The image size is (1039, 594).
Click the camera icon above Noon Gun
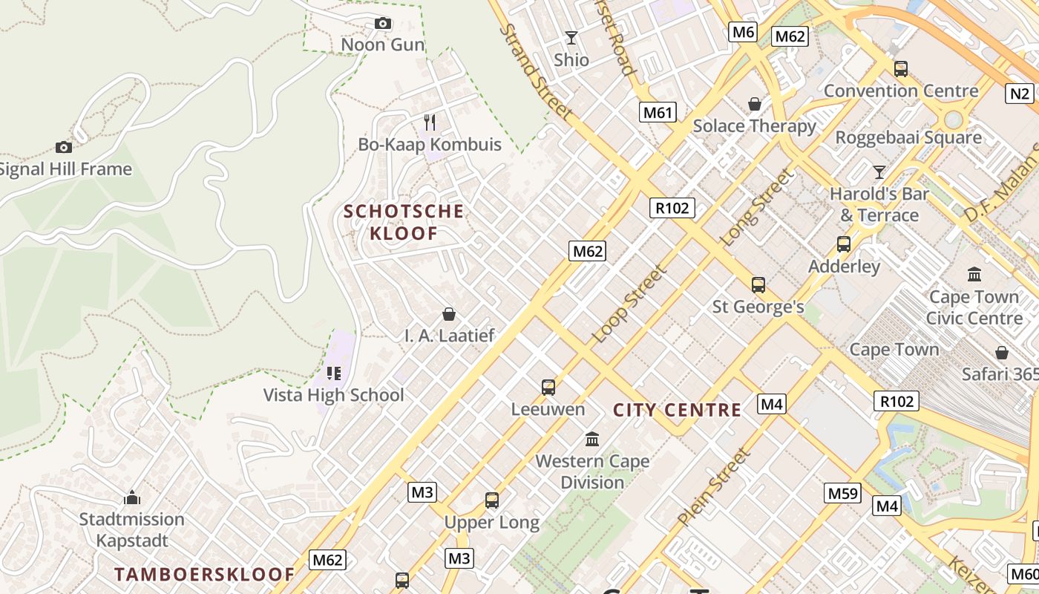[x=383, y=24]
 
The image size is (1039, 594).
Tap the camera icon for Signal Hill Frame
[x=64, y=147]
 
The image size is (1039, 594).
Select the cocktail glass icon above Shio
[x=571, y=38]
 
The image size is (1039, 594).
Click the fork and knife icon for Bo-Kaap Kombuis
[x=430, y=123]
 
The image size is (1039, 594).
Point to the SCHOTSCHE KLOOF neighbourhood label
[x=404, y=222]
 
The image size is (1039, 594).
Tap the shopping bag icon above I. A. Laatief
[x=448, y=314]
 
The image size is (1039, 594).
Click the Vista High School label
[x=334, y=395]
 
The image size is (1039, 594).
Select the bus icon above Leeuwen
[x=548, y=387]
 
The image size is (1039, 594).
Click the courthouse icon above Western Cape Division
[x=592, y=439]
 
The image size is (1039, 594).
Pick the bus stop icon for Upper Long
[x=492, y=500]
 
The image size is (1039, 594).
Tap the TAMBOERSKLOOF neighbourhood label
[x=205, y=574]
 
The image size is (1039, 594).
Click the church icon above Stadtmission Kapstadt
[x=132, y=497]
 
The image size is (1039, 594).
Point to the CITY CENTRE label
[x=677, y=410]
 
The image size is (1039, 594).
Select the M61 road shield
[x=658, y=112]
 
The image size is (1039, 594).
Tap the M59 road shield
[x=842, y=493]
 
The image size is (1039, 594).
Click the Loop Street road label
[x=629, y=304]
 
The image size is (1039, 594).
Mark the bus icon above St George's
[x=758, y=284]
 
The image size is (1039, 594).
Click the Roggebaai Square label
[x=908, y=137]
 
